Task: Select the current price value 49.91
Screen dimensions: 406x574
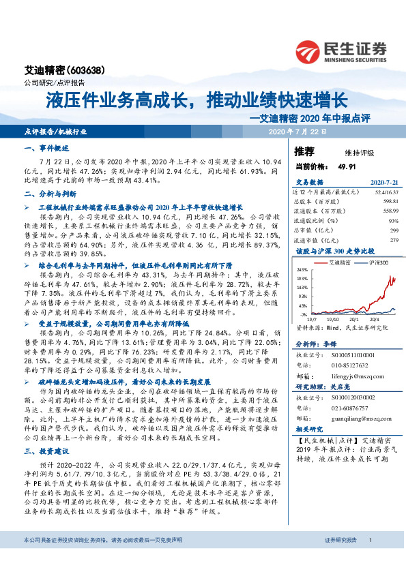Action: [x=347, y=166]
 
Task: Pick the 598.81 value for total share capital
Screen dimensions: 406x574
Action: [x=390, y=202]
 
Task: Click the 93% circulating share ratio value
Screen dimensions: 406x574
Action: [x=393, y=221]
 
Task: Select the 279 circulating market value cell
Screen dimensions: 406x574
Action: [x=393, y=240]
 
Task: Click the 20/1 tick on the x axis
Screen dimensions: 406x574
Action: [x=351, y=317]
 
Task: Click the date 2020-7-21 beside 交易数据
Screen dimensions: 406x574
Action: [x=383, y=183]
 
